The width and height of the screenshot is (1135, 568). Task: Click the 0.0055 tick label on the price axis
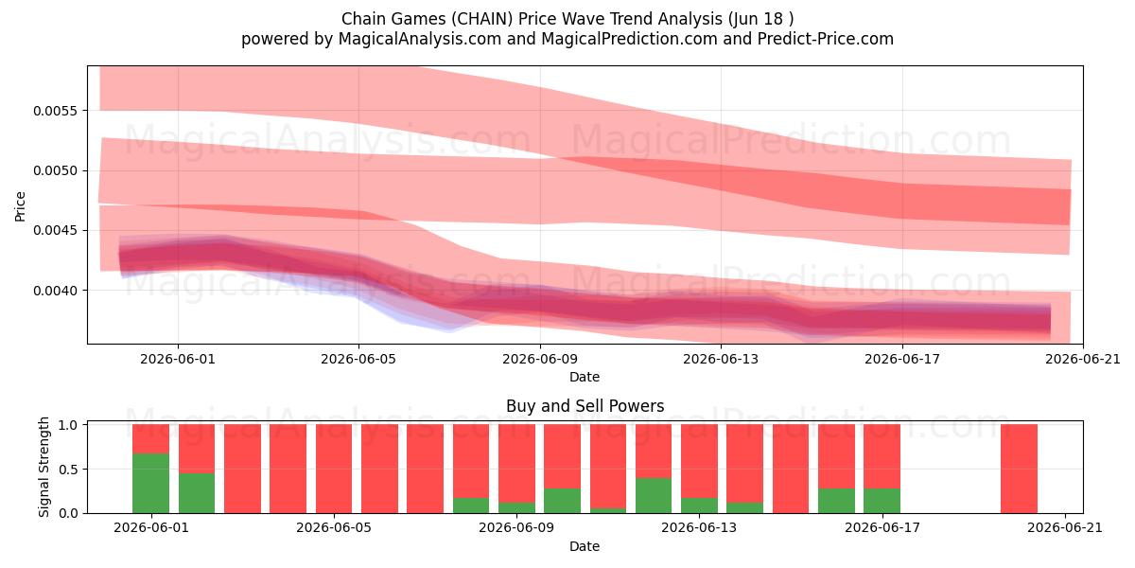(x=56, y=111)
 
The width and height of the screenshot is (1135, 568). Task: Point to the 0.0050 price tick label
(x=56, y=170)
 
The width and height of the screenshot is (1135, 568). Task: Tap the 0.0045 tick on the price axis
(x=56, y=230)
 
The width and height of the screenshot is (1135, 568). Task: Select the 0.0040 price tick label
(x=56, y=291)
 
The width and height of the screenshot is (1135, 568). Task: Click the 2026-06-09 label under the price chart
(x=540, y=359)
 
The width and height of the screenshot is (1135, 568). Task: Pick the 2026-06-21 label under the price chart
(x=1083, y=359)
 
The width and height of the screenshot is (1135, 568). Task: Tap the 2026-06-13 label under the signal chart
(x=699, y=528)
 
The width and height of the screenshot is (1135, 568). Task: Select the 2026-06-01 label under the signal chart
(x=151, y=528)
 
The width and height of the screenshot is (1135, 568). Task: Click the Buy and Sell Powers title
(x=585, y=406)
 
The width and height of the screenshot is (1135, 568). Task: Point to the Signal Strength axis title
(x=44, y=467)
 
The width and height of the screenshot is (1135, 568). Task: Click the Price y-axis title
(x=20, y=206)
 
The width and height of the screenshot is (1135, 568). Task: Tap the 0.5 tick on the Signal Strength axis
(x=68, y=470)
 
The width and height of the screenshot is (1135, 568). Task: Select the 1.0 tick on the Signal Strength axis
(x=68, y=425)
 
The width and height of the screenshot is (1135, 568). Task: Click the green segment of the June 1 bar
(x=151, y=484)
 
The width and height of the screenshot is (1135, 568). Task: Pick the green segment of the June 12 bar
(x=654, y=495)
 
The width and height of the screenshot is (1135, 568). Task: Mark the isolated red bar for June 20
(x=1019, y=469)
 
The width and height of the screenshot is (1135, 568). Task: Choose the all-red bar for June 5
(x=334, y=469)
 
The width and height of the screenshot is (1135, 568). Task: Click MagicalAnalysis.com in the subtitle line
(x=420, y=39)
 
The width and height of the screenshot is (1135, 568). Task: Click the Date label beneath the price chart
(x=585, y=377)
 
